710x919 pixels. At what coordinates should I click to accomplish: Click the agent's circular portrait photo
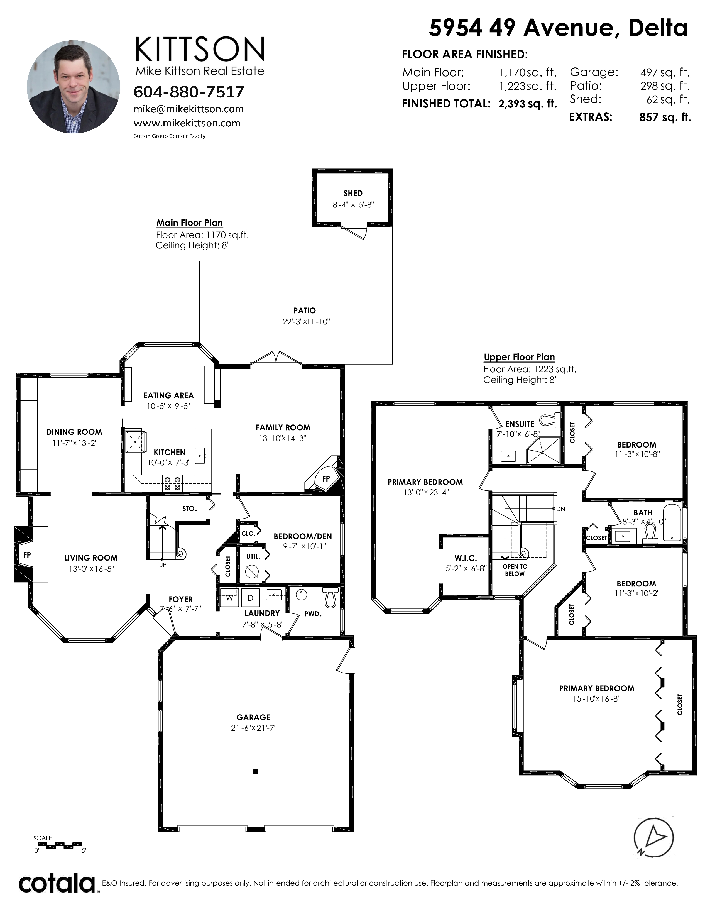coord(73,87)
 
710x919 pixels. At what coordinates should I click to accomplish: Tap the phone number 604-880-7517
coord(189,92)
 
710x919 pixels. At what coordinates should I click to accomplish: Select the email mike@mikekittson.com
coord(188,109)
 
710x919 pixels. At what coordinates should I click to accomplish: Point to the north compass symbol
coord(654,837)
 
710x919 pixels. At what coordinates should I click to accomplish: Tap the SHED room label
coord(353,193)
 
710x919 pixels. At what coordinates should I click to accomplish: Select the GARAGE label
coord(253,717)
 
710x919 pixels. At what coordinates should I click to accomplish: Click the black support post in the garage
coord(255,772)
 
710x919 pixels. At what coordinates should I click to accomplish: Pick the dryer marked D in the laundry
coord(250,598)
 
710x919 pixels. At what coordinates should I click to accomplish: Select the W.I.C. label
coord(466,558)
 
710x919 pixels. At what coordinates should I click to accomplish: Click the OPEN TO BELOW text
coord(515,570)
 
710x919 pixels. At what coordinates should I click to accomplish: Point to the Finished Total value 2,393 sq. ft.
coord(527,104)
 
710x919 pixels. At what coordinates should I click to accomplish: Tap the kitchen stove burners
coord(172,483)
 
